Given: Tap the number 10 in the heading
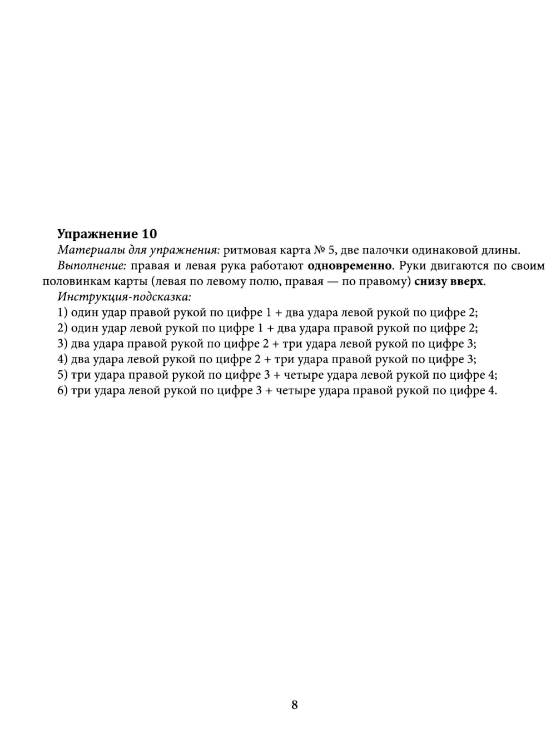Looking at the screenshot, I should coord(150,234).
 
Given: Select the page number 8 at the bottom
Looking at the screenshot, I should coord(294,705).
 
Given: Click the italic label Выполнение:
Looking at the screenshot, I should coord(92,266).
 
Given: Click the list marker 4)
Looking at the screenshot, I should coord(62,359).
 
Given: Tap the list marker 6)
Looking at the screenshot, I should coord(62,390).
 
